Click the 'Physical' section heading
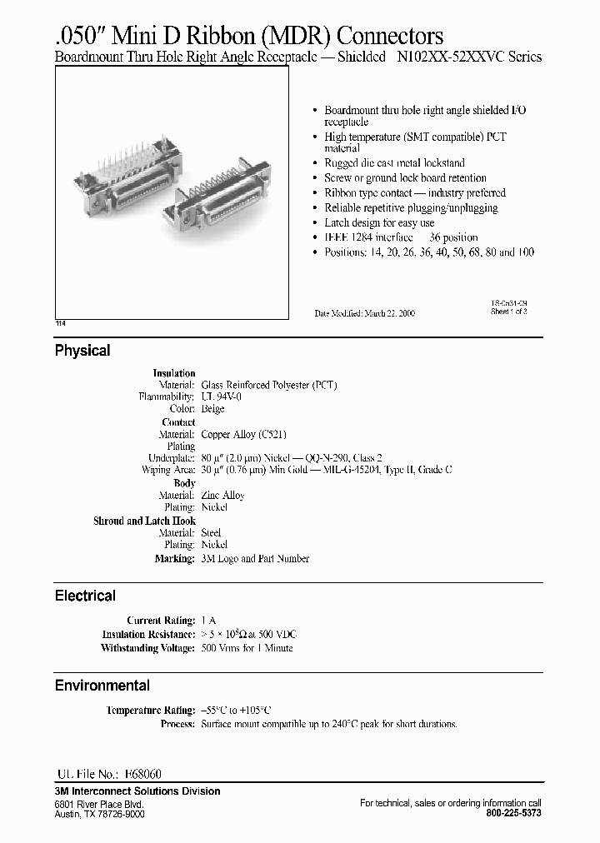point(82,351)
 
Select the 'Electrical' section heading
point(85,596)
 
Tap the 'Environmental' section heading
point(102,686)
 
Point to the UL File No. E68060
point(108,774)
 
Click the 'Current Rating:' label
point(161,621)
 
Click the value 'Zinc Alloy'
point(222,495)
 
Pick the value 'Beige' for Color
point(213,409)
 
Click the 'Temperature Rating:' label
point(150,711)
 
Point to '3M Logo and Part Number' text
point(255,558)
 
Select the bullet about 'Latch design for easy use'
point(379,222)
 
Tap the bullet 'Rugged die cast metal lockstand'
point(394,163)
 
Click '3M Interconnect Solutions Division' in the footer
point(137,791)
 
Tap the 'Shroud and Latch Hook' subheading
point(144,521)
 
